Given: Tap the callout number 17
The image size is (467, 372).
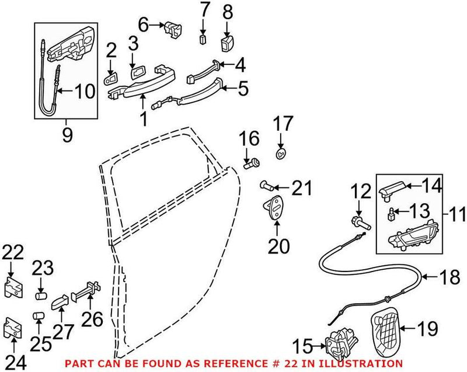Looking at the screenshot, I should coord(282,124).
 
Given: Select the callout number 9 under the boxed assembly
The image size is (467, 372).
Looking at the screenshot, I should coord(67,136).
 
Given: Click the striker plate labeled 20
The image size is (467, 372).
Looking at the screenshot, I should coord(273,207).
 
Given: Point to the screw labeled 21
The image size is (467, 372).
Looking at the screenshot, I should coord(266,186).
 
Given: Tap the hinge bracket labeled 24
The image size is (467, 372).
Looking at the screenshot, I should coord(13,328).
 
